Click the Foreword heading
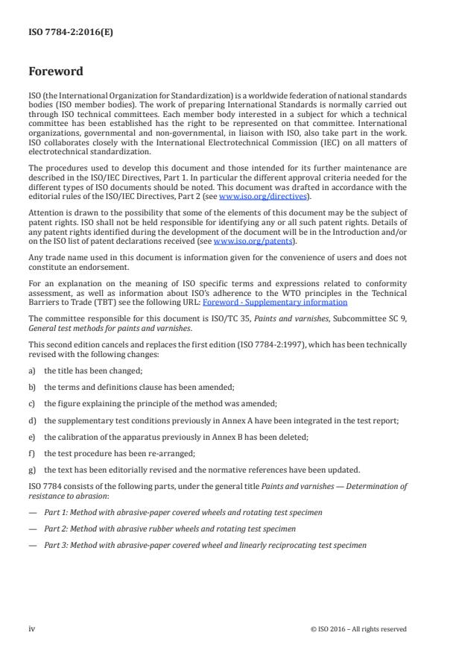(56, 72)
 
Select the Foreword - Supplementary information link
(274, 303)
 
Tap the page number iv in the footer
(32, 628)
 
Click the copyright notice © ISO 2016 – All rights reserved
(358, 629)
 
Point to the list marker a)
(32, 370)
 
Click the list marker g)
(32, 470)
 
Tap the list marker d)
(32, 420)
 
